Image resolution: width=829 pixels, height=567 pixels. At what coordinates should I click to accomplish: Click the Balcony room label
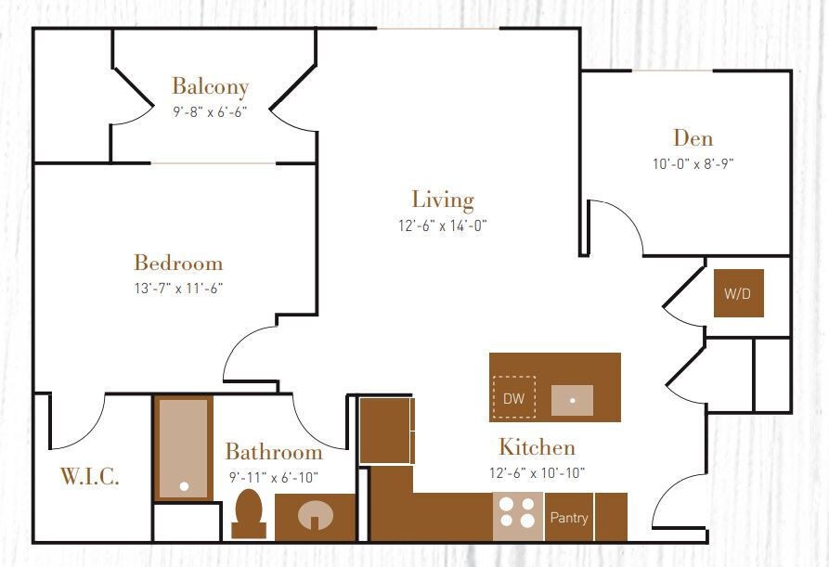(210, 87)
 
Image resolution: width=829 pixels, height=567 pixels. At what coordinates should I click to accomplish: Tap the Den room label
(693, 139)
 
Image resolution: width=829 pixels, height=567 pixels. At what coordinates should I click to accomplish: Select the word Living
(443, 200)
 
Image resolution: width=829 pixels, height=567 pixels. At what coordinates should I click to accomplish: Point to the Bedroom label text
(178, 264)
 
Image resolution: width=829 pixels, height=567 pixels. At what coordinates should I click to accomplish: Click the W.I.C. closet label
(89, 477)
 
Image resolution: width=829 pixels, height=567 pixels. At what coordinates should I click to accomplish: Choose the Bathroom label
(274, 453)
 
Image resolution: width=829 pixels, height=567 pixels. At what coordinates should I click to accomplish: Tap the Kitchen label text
(537, 448)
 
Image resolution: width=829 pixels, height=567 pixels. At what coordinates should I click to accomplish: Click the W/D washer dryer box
(739, 293)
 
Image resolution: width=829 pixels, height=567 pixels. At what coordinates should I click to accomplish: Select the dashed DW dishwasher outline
(513, 398)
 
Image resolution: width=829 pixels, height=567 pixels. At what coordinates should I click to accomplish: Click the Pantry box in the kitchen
(568, 517)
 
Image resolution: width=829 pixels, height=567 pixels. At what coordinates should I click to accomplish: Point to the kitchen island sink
(572, 400)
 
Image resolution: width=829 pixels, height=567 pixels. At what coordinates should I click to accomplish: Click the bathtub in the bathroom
(183, 449)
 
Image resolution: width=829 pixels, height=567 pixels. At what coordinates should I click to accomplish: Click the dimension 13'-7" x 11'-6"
(178, 288)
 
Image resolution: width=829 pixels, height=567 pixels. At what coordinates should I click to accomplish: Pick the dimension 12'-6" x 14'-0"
(443, 225)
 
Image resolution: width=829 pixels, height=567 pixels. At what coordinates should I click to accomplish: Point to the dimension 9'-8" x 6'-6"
(210, 112)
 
